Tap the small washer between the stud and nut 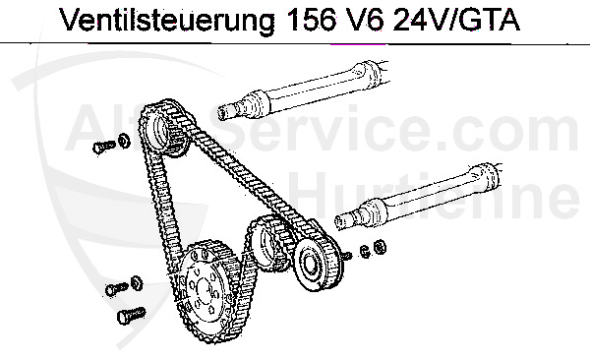[364, 252]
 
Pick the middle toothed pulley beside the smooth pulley [267, 241]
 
